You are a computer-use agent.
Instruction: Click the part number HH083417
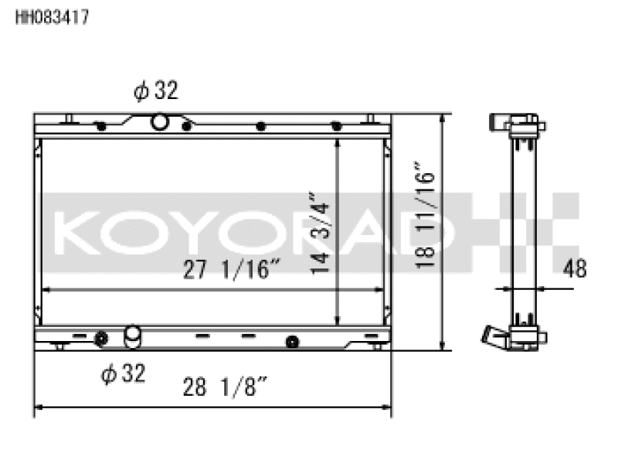click(53, 17)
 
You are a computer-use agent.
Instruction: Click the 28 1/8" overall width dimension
click(225, 387)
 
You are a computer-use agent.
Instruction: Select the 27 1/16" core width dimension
click(232, 269)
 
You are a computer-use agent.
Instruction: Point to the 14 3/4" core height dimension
click(319, 233)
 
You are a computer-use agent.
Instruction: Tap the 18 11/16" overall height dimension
click(425, 215)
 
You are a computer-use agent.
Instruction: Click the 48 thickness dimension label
click(575, 268)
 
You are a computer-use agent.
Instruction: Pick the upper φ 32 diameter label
click(156, 90)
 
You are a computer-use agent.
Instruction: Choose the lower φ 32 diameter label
click(124, 373)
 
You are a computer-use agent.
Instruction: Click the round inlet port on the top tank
click(159, 121)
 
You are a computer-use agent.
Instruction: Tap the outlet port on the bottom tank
click(132, 336)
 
